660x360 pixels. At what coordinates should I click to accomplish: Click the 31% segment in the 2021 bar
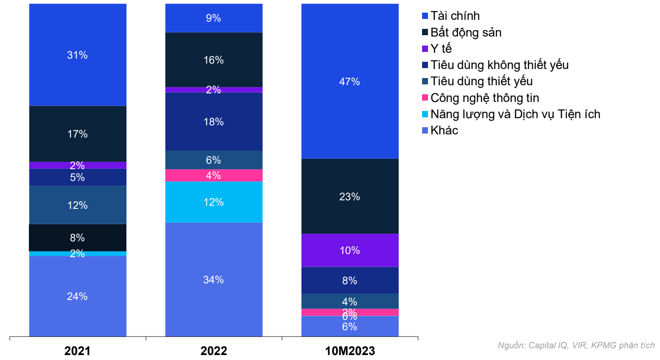[78, 55]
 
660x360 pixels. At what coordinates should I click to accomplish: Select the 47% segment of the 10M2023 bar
[350, 82]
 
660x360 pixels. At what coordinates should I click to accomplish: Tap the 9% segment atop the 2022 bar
[214, 18]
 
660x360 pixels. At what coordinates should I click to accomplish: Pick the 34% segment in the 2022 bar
[214, 280]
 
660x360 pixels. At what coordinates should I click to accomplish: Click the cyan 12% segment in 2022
[214, 202]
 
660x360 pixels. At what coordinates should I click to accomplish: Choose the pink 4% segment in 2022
[214, 175]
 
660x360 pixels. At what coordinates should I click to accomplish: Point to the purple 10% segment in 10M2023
[350, 250]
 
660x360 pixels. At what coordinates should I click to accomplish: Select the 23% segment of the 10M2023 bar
[350, 196]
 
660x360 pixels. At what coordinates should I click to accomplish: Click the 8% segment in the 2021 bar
[78, 238]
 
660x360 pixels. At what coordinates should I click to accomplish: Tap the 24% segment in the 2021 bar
[78, 296]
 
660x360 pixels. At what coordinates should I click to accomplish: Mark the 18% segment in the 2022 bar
[214, 121]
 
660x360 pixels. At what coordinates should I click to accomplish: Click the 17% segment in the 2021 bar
[78, 134]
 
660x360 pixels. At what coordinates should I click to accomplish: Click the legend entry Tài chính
[455, 16]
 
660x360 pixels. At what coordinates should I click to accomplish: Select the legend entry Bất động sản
[465, 32]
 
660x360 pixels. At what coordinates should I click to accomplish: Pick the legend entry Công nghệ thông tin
[484, 98]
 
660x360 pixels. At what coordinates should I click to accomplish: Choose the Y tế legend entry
[441, 49]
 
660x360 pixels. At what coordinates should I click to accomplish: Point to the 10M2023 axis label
[350, 351]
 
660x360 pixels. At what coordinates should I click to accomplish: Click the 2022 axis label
[214, 351]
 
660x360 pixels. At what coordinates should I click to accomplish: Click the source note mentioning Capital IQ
[576, 346]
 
